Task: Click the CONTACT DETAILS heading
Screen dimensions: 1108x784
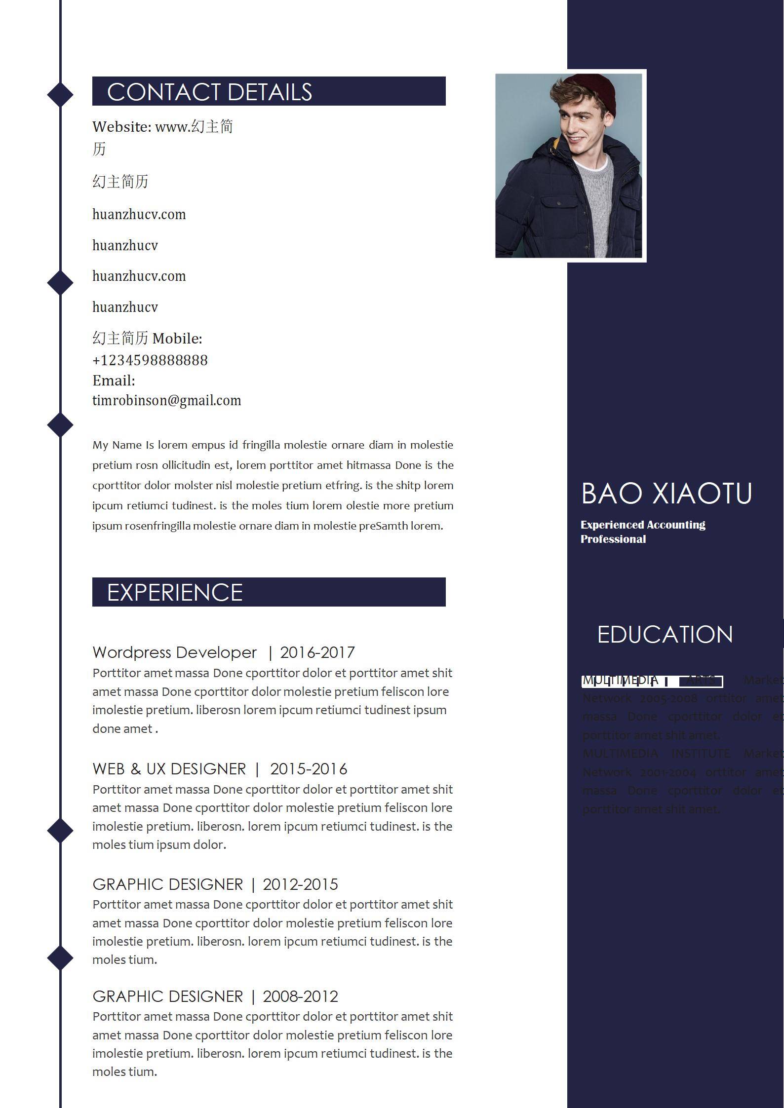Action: [209, 92]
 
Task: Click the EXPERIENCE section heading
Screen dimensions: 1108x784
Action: [175, 592]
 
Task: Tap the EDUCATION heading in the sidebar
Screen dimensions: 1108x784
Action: [665, 635]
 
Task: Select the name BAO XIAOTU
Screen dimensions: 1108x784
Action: [666, 493]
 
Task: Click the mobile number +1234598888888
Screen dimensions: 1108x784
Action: [150, 360]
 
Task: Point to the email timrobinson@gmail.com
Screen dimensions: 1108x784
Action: [167, 400]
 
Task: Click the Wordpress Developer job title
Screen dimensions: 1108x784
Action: [175, 652]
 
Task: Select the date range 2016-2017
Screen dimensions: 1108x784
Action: [317, 652]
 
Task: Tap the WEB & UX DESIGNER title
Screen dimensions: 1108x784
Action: [169, 769]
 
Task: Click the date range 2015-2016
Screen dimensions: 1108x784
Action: [309, 769]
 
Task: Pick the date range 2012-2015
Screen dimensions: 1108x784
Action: [300, 884]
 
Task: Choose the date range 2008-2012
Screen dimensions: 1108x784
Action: [300, 996]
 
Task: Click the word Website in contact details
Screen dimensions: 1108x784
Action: [121, 127]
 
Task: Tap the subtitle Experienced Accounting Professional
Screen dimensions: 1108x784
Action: [643, 532]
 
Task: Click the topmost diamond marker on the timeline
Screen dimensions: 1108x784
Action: [60, 94]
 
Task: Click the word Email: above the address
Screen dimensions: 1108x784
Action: [114, 381]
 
